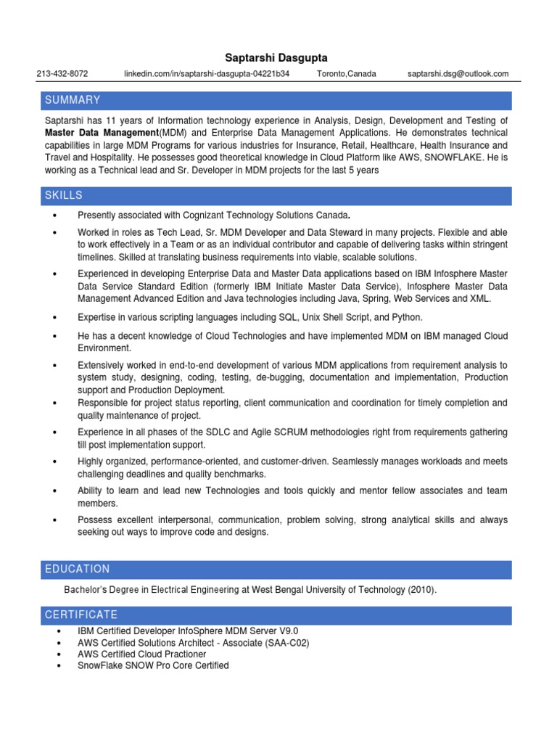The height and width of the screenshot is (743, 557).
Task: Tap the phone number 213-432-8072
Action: click(62, 74)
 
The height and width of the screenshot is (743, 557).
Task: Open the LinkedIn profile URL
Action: click(207, 74)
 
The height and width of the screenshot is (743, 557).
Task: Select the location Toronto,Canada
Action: click(347, 74)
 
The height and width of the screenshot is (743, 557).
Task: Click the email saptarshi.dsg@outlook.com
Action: click(458, 74)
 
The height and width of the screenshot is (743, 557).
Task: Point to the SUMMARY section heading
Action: click(73, 100)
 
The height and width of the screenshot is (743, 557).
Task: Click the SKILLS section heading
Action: click(64, 196)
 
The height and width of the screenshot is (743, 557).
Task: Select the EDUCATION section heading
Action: click(77, 570)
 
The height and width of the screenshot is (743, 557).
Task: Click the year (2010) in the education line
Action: click(422, 591)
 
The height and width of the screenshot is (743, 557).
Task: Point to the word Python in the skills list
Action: click(406, 317)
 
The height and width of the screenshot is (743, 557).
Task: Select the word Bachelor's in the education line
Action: click(86, 591)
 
